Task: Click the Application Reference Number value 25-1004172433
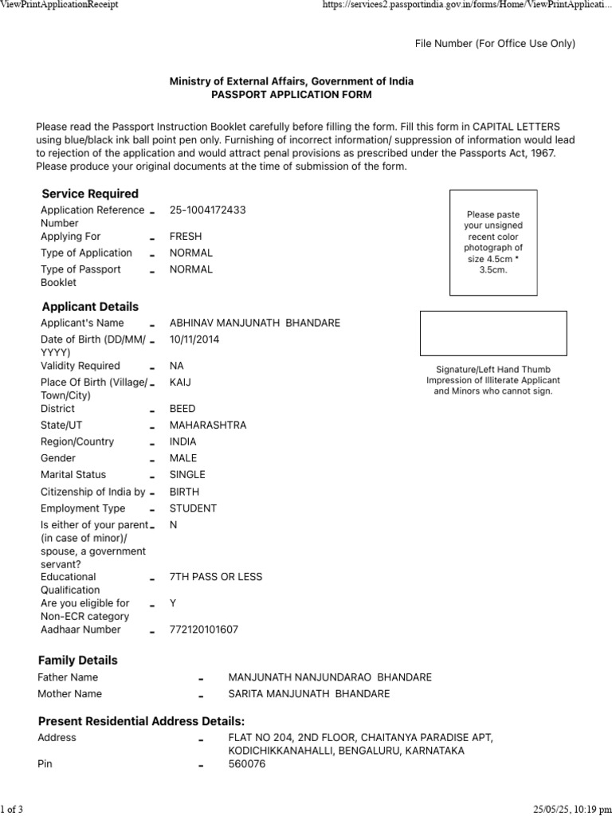207,210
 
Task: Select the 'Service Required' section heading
90,194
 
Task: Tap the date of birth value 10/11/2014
194,339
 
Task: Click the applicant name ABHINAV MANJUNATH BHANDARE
254,323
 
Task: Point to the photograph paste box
493,242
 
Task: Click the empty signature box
493,333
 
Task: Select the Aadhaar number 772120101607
203,630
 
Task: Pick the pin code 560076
247,764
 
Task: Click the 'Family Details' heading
77,661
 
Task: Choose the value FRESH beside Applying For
186,237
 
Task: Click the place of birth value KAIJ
180,382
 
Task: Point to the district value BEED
182,409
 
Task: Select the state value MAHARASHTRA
208,426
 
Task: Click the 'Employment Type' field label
83,508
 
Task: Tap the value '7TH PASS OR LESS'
215,577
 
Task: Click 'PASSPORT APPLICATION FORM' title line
291,95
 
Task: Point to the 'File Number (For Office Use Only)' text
494,44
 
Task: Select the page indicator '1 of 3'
12,810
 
